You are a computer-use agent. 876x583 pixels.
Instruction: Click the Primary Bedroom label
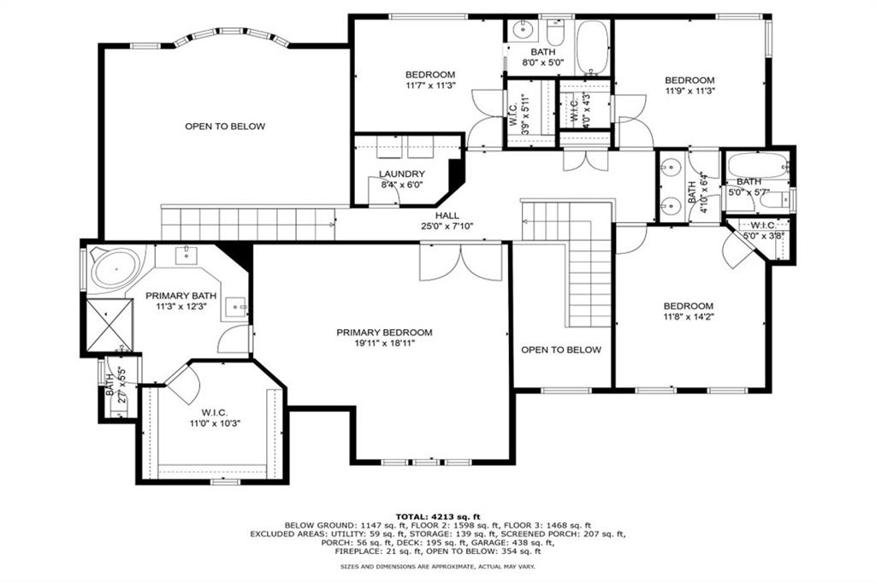[x=384, y=333]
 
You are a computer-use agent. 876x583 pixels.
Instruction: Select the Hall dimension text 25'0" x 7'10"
[x=447, y=227]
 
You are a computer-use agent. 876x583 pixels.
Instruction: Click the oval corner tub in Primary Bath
[x=114, y=268]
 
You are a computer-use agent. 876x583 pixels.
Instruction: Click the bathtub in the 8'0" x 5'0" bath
[x=592, y=49]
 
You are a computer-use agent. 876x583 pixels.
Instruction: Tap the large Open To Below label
[x=225, y=127]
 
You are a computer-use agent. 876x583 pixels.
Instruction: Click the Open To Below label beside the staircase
[x=561, y=350]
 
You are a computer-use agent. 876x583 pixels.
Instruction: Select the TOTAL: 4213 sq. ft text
[x=437, y=516]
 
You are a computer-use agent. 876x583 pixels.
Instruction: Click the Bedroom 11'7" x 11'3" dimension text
[x=430, y=85]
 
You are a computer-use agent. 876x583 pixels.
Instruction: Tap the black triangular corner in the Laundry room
[x=456, y=168]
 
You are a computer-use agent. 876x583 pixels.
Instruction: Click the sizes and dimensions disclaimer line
[x=437, y=567]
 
